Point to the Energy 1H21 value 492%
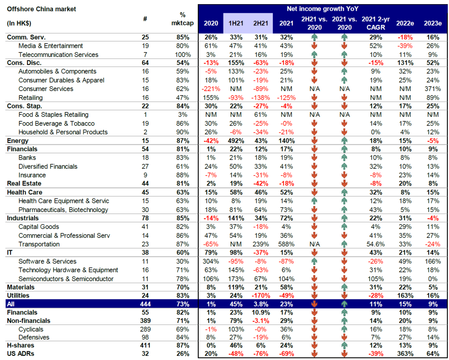(x=235, y=141)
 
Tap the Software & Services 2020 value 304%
(x=210, y=261)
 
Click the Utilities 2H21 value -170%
(x=260, y=296)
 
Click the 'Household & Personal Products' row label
(x=63, y=132)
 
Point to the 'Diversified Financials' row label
(x=48, y=166)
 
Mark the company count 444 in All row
(x=145, y=304)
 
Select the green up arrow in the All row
(x=344, y=304)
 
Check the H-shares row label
(x=20, y=345)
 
